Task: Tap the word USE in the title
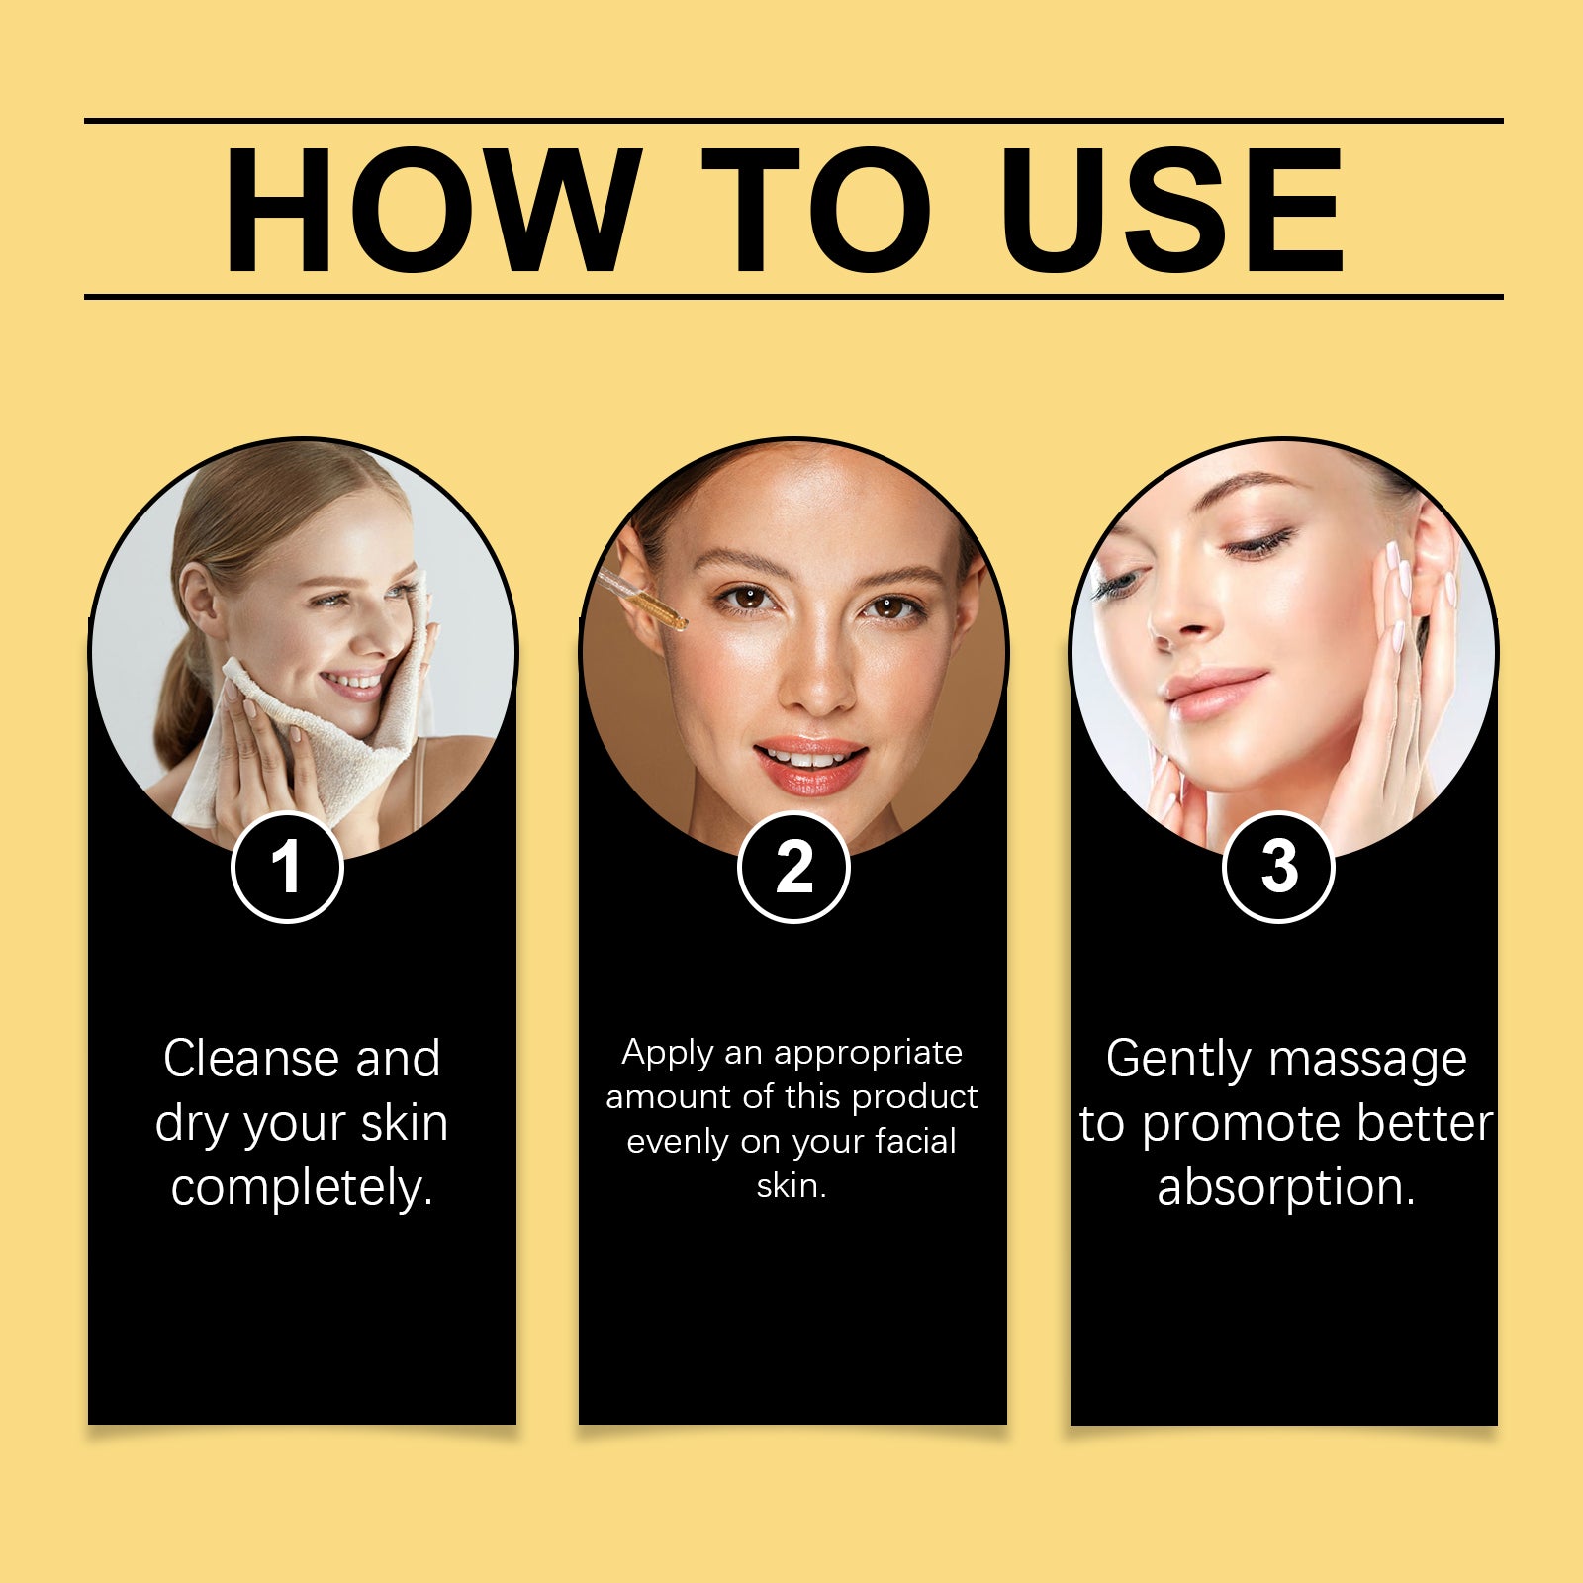coord(1172,210)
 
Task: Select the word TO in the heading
coord(816,210)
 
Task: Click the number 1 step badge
coord(287,868)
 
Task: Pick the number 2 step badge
coord(793,868)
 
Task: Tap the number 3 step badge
coord(1278,868)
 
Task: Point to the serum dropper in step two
coord(641,601)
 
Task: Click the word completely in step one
coord(302,1188)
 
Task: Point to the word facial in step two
coord(915,1141)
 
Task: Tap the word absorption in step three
coord(1286,1188)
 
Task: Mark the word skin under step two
coord(791,1185)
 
